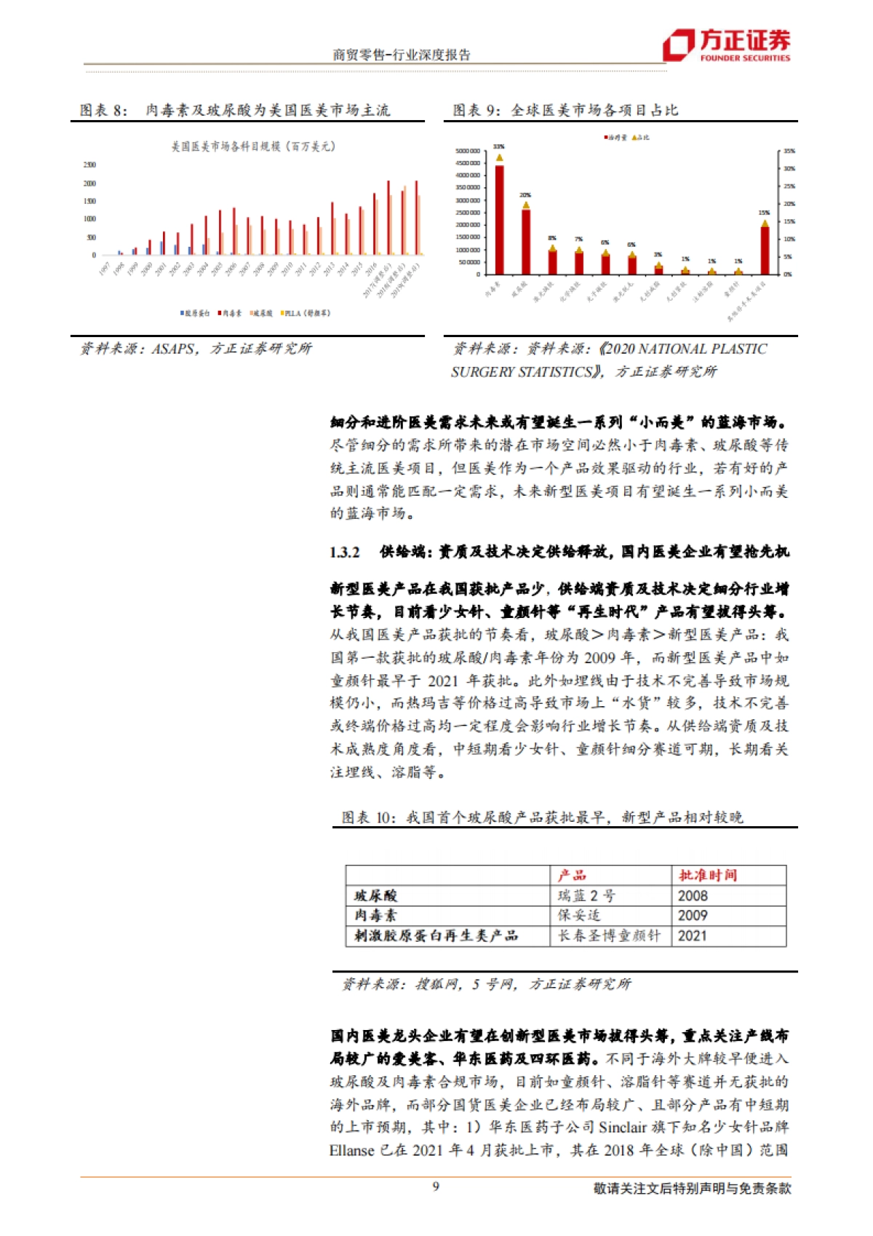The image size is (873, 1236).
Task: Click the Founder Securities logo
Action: click(x=726, y=45)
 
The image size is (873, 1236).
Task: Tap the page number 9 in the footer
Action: click(x=436, y=1187)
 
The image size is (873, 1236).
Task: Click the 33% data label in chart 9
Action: click(x=498, y=147)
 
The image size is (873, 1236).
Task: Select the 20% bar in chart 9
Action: click(x=525, y=240)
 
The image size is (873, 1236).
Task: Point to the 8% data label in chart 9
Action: click(x=552, y=238)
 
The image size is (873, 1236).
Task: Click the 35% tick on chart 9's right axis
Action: click(x=789, y=151)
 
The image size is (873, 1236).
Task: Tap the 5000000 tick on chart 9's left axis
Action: click(x=467, y=151)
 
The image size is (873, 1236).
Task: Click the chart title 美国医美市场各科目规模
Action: click(x=253, y=146)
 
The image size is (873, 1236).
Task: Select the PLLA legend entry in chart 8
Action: click(x=305, y=313)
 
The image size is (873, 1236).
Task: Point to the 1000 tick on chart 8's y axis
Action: click(x=89, y=219)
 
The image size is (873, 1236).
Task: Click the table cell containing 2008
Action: click(x=693, y=895)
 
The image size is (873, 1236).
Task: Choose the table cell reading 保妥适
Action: click(x=579, y=916)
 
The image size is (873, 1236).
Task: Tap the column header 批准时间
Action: click(x=707, y=875)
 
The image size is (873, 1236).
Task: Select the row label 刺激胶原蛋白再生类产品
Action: click(x=436, y=936)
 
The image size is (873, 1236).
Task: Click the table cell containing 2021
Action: click(x=693, y=936)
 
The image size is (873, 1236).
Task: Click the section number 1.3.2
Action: click(x=345, y=552)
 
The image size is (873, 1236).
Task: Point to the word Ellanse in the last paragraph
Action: click(x=351, y=1151)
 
